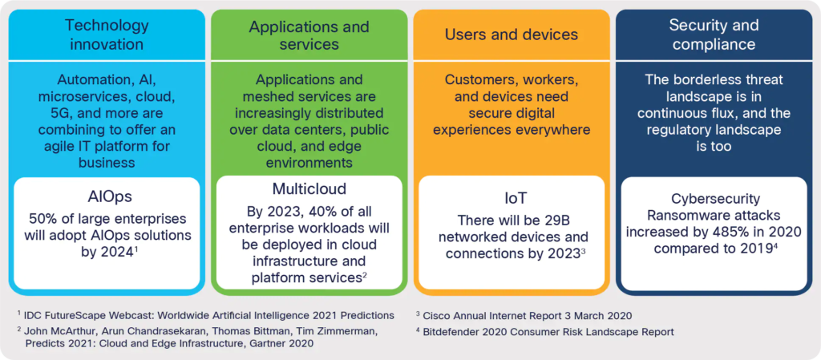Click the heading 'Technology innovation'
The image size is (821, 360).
[x=107, y=34]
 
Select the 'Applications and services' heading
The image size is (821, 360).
[x=309, y=34]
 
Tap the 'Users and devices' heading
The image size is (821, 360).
[x=511, y=34]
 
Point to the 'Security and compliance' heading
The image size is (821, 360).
[x=714, y=34]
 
